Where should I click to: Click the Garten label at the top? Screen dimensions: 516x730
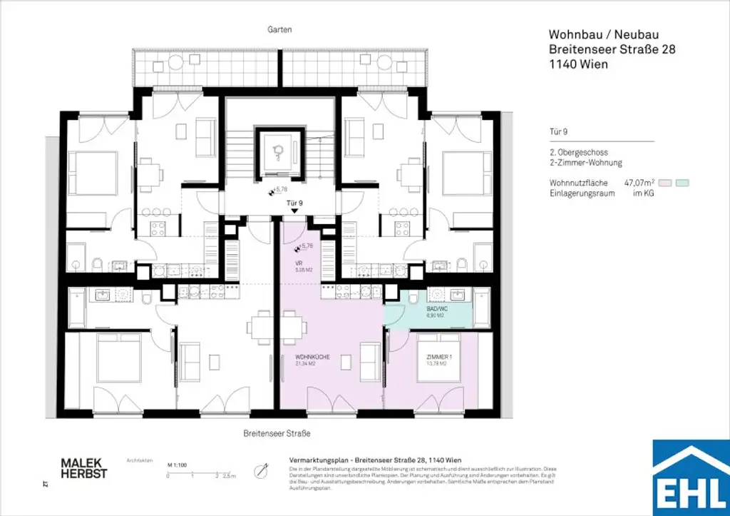click(x=280, y=30)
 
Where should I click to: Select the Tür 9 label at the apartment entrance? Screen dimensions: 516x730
click(x=294, y=203)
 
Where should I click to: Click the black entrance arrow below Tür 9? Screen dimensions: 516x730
click(x=294, y=212)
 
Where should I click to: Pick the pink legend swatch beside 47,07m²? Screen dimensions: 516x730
click(x=665, y=183)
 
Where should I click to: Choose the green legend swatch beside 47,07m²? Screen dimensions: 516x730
click(x=682, y=183)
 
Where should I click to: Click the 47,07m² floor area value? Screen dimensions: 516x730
click(x=639, y=183)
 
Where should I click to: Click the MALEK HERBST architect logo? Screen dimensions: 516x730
click(x=84, y=468)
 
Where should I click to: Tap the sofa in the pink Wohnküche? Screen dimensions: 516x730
click(x=369, y=362)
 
